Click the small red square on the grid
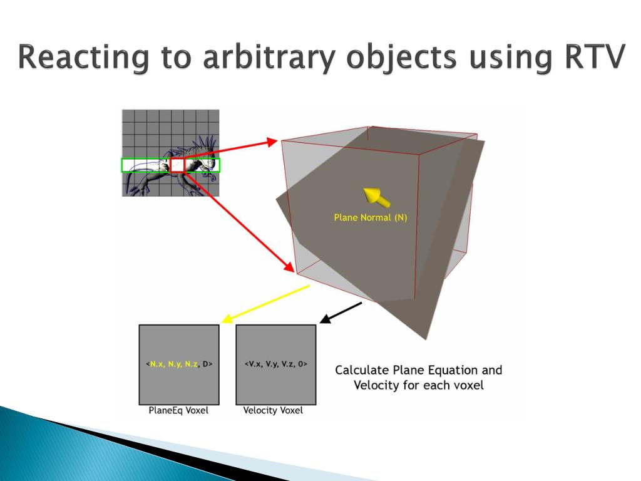tap(178, 165)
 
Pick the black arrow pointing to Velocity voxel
tap(341, 313)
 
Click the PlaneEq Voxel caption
tap(178, 411)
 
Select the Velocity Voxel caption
tap(273, 411)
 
